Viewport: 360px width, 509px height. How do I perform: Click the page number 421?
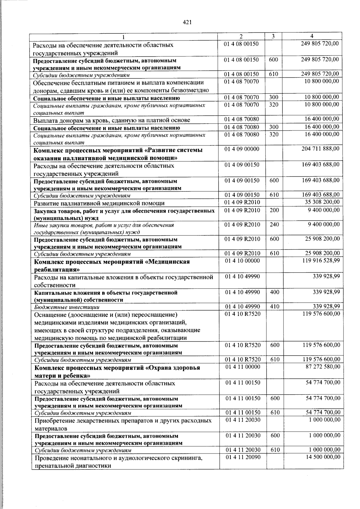coord(187,22)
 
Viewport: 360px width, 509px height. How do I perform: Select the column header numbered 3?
coord(273,36)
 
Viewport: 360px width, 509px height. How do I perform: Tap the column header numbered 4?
coord(312,36)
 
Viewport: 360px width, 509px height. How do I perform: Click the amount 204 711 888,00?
coord(320,149)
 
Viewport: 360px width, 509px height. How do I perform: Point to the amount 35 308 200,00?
coord(322,202)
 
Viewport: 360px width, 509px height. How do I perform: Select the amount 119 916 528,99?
coord(321,261)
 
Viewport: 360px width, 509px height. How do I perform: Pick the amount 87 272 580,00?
coord(323,367)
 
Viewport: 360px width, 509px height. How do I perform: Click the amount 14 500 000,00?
coord(323,457)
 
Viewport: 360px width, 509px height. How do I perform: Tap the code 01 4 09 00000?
coord(242,149)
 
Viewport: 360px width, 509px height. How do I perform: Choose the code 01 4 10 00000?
coord(242,261)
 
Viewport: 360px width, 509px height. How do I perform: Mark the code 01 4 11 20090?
coord(243,457)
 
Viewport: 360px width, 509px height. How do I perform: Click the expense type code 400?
coord(274,292)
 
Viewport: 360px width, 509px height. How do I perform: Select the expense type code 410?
coord(274,307)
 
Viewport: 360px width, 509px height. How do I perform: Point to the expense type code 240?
coord(274,224)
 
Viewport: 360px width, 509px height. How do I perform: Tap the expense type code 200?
coord(274,210)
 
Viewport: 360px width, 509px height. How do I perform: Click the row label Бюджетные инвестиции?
coord(67,307)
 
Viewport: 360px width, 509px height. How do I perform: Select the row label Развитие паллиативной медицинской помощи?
coord(99,203)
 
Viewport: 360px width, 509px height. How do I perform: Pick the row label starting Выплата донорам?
coord(112,120)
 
